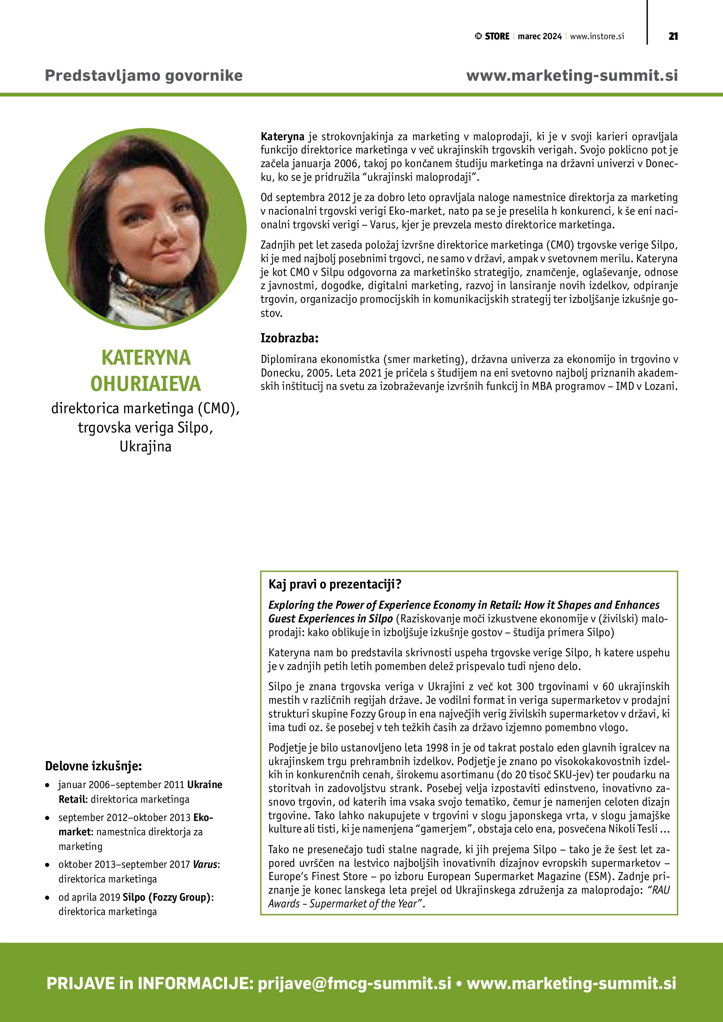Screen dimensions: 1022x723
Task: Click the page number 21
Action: pos(673,36)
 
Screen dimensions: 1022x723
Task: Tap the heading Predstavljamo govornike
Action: pos(144,75)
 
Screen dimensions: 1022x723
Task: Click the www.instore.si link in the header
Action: pos(597,36)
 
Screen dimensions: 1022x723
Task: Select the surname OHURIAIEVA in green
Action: pos(146,384)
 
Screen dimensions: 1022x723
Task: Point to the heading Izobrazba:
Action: pos(289,338)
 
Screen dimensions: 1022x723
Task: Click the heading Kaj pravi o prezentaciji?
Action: pos(335,584)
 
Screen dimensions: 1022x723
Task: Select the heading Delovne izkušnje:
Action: pos(93,766)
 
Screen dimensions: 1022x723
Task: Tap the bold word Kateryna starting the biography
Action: pos(282,137)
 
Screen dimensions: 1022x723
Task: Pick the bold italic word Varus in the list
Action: pos(205,864)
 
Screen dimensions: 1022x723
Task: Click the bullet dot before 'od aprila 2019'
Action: pos(47,898)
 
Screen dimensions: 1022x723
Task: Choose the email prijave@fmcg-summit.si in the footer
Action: pos(354,983)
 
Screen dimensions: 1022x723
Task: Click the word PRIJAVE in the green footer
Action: pos(80,983)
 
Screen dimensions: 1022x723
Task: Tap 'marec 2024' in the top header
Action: pos(540,36)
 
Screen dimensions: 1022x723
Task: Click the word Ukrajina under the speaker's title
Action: pos(146,446)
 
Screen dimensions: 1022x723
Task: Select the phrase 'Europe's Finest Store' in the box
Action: pos(318,877)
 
